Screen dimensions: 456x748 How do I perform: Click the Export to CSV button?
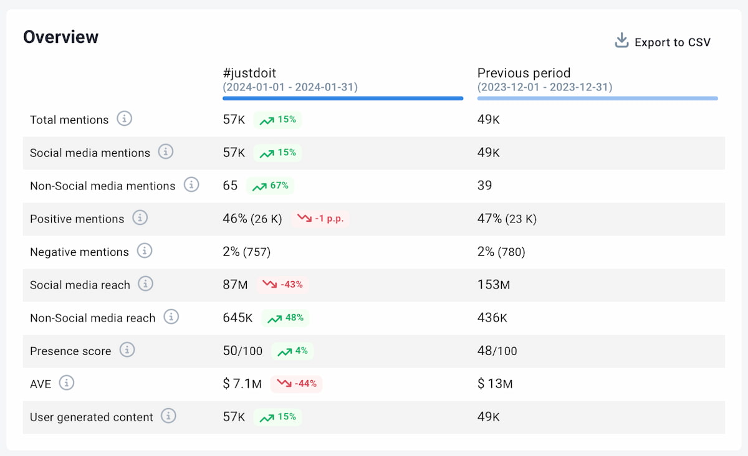click(x=663, y=42)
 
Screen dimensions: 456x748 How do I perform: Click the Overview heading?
click(x=61, y=37)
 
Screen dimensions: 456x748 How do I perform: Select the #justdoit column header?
click(x=249, y=74)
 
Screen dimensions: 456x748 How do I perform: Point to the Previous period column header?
click(x=524, y=74)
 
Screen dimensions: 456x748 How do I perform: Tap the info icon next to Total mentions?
click(x=125, y=119)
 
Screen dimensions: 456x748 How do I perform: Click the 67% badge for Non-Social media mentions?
click(x=271, y=186)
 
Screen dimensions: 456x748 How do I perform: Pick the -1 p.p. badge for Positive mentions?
click(x=320, y=219)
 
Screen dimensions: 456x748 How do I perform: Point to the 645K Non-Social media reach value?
click(x=237, y=318)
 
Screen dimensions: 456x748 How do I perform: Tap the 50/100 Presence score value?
click(x=242, y=351)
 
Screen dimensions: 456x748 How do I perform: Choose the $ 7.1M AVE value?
click(x=242, y=384)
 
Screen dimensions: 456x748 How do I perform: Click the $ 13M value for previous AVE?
click(x=495, y=384)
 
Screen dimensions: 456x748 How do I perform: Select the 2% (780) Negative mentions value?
click(x=501, y=252)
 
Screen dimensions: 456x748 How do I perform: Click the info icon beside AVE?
click(x=67, y=383)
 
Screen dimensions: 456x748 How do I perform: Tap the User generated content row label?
click(x=91, y=417)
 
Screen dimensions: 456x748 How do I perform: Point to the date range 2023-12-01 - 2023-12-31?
click(x=545, y=87)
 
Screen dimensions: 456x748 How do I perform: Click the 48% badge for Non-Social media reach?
click(x=285, y=318)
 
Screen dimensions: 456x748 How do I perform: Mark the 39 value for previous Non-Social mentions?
click(x=484, y=186)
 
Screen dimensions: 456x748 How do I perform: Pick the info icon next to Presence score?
click(x=127, y=350)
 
